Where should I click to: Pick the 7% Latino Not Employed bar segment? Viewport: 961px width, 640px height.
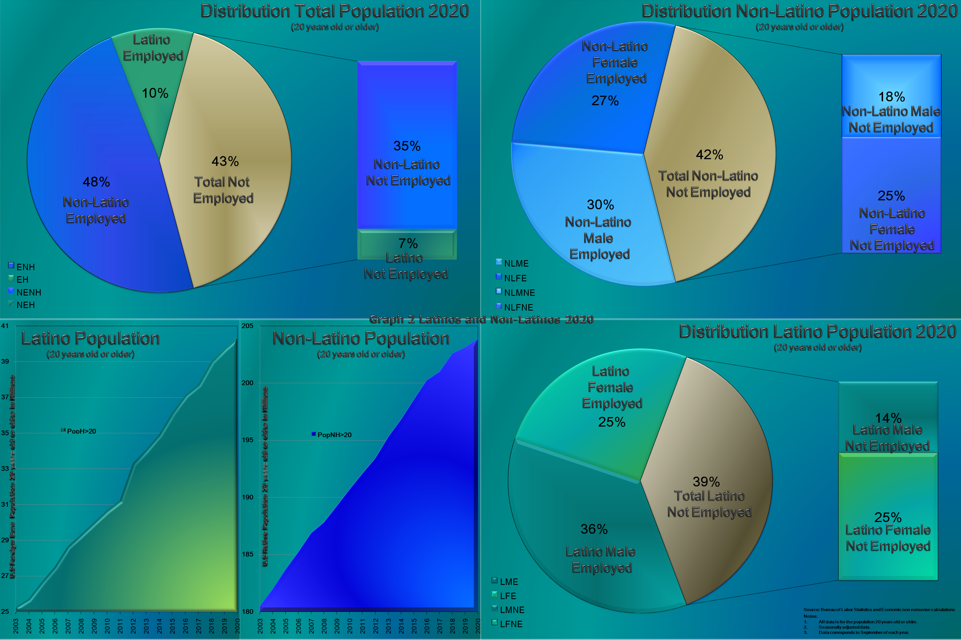click(x=407, y=245)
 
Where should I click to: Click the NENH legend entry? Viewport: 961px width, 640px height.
click(x=25, y=292)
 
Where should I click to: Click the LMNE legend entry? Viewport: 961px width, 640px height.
click(x=509, y=610)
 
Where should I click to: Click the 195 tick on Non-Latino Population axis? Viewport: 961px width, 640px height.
click(x=247, y=440)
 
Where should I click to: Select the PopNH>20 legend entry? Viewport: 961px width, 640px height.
click(x=332, y=435)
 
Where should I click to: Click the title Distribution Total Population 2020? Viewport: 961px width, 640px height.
click(x=334, y=11)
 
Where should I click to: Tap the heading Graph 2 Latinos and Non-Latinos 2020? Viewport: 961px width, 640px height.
click(x=481, y=319)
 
